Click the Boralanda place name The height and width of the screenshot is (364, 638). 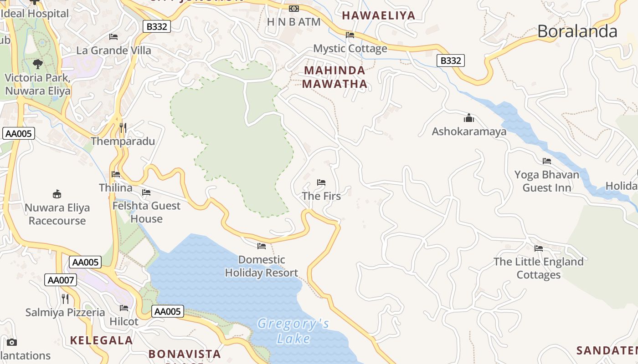[577, 31]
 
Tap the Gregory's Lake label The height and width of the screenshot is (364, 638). [293, 331]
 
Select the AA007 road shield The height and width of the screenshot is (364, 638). [61, 280]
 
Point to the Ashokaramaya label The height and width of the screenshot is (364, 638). [469, 131]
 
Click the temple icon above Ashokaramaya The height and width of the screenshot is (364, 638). [469, 118]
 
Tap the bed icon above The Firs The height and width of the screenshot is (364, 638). [321, 182]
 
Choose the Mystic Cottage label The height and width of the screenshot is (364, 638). [350, 48]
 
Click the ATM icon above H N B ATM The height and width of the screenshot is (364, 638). [294, 8]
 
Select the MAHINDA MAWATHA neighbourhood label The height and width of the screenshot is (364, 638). [334, 77]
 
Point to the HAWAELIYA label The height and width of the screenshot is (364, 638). [378, 15]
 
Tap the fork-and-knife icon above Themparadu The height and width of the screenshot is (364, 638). [123, 127]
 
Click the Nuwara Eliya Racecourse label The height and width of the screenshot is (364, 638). [57, 214]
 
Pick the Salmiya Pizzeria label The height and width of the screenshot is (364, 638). [65, 313]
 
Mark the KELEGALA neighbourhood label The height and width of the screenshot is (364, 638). [101, 340]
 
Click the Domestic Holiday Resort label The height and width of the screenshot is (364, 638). [262, 266]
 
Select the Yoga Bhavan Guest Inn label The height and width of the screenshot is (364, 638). [547, 181]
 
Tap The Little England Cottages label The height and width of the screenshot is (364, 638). [538, 268]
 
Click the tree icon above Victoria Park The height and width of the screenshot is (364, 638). [38, 64]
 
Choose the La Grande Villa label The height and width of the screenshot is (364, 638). [113, 50]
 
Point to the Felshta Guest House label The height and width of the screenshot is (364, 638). [146, 212]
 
